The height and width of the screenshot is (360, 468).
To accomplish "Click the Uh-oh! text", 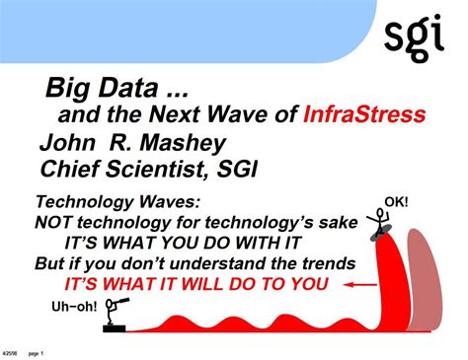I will pyautogui.click(x=74, y=307).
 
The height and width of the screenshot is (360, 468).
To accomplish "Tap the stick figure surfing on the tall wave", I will pyautogui.click(x=378, y=222).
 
